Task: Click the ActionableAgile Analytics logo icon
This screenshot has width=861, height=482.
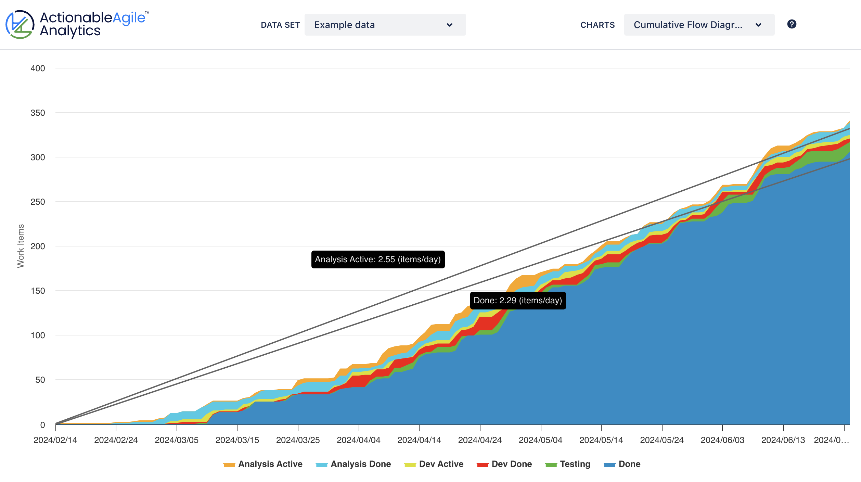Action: coord(20,24)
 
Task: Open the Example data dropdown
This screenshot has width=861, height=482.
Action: coord(385,25)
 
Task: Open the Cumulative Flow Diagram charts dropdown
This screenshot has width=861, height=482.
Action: coord(699,25)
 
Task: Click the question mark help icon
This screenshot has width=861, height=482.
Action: coord(792,24)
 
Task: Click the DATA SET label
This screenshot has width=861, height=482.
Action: coord(280,25)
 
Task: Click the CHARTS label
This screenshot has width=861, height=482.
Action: coord(597,25)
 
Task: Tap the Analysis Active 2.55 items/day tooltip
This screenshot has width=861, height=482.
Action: coord(377,259)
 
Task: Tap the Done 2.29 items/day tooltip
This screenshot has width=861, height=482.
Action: coord(517,301)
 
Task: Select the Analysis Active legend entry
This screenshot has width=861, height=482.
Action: coord(263,464)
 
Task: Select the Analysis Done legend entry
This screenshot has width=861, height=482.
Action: coord(353,464)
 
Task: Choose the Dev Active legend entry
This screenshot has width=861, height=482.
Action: coord(434,464)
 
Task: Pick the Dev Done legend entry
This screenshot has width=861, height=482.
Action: coord(504,464)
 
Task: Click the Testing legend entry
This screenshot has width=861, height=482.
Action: coord(568,464)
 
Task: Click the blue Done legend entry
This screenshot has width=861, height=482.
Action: coord(622,464)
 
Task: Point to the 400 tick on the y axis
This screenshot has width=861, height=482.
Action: coord(38,68)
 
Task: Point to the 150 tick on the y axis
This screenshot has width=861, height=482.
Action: coord(38,291)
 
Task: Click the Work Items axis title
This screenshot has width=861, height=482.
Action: coord(21,246)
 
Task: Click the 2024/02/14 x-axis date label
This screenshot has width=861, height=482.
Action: coord(55,440)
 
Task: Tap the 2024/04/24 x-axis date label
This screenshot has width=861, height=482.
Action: coord(480,440)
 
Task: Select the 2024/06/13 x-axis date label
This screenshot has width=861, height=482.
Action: coord(783,440)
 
